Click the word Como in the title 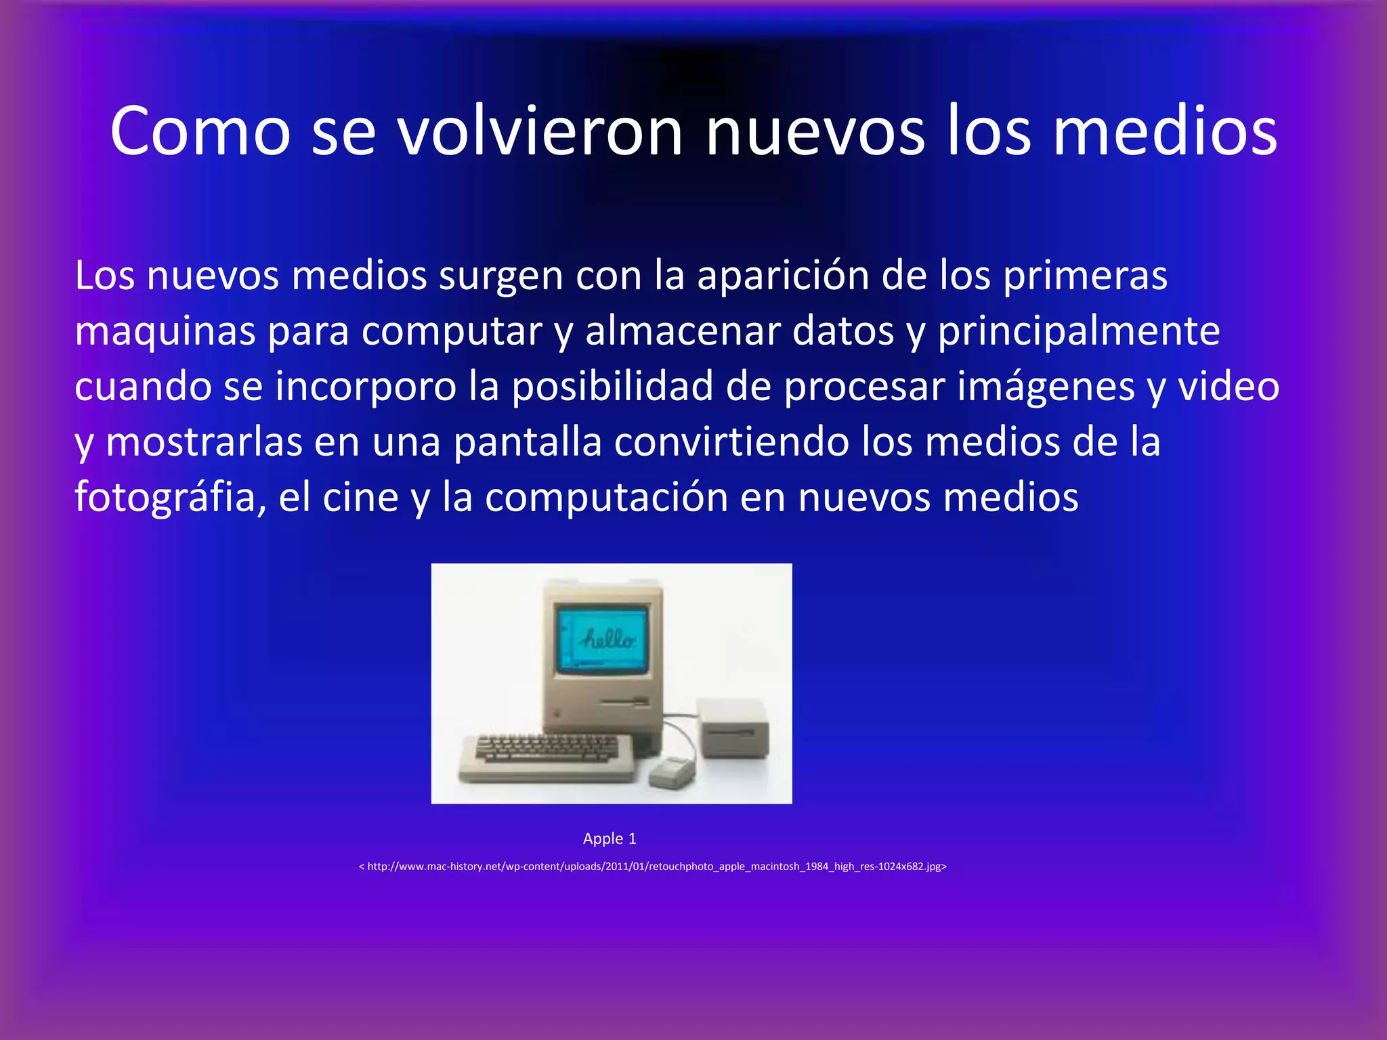[200, 132]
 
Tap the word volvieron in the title [540, 132]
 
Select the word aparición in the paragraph [783, 276]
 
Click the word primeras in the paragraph [1085, 276]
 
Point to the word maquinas [165, 332]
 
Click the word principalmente [1079, 332]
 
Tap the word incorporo [366, 387]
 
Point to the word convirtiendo [731, 442]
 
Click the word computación [606, 498]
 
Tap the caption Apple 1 [610, 839]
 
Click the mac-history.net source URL [652, 867]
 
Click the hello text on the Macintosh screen [608, 638]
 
